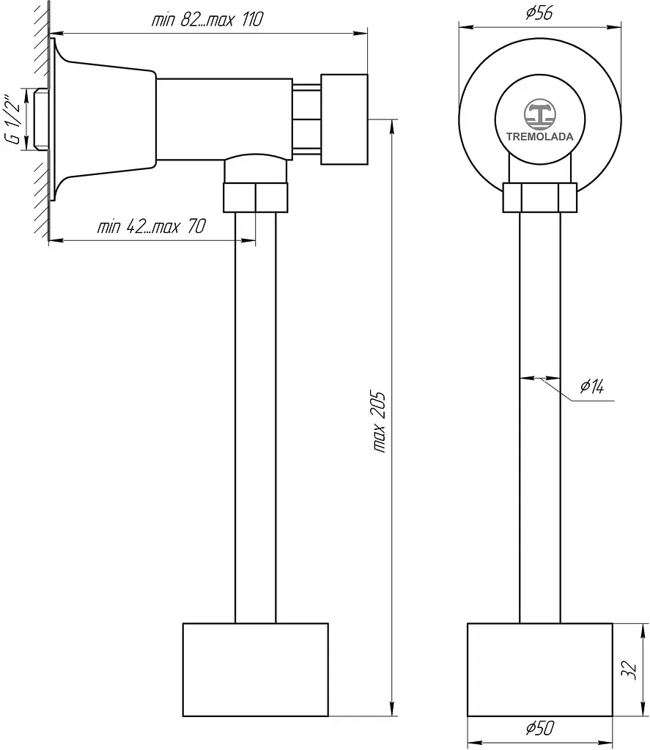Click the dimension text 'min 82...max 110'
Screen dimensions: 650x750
[x=207, y=20]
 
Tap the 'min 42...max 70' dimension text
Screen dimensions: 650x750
[x=152, y=226]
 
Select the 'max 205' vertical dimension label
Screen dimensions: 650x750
[x=379, y=422]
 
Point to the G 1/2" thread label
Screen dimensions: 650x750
[x=15, y=119]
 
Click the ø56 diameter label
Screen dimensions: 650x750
[x=539, y=13]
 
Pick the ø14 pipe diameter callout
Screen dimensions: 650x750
[x=591, y=386]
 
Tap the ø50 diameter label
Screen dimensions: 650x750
[x=540, y=728]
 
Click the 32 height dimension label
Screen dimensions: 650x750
[x=629, y=669]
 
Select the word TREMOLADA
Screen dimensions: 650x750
[x=540, y=137]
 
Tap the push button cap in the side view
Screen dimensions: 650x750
[x=344, y=119]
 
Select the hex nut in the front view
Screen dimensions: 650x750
[x=540, y=198]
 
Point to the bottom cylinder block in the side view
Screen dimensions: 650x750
[x=256, y=669]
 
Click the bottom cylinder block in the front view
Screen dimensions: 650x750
[x=540, y=669]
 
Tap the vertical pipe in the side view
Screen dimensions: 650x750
[x=256, y=417]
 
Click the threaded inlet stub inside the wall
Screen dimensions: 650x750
[x=42, y=119]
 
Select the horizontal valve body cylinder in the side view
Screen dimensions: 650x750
[x=224, y=119]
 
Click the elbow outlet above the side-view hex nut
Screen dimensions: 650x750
[x=256, y=169]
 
